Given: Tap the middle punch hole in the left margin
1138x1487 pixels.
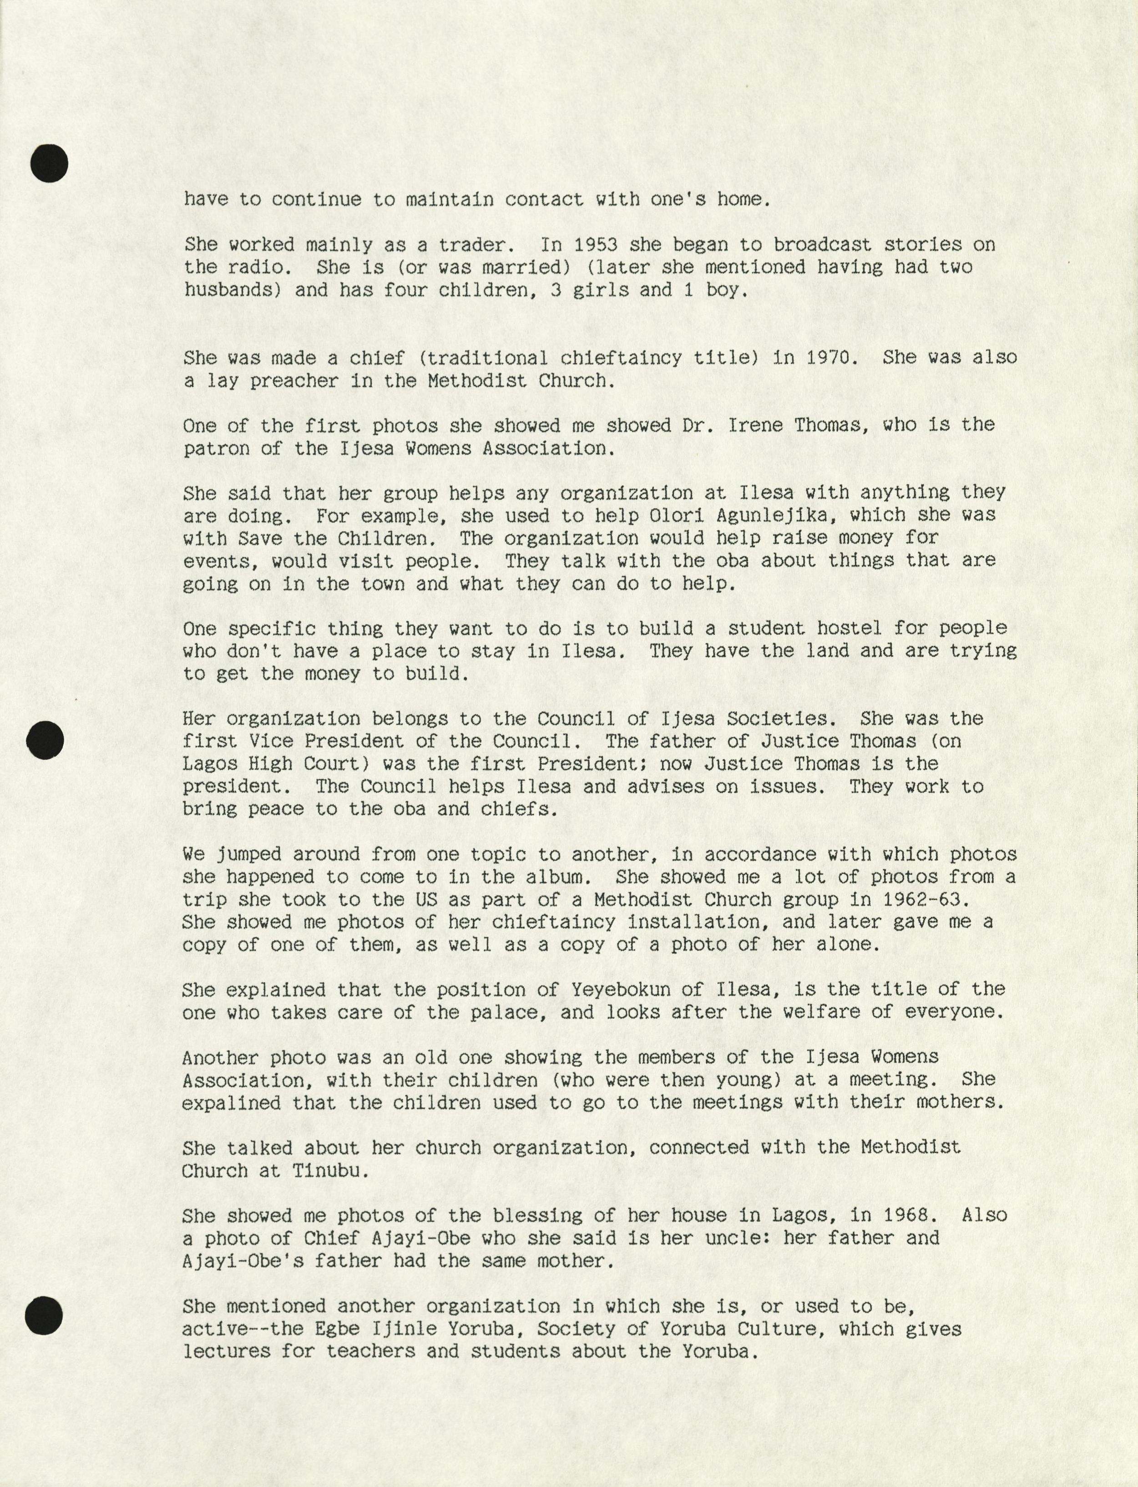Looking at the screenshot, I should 46,741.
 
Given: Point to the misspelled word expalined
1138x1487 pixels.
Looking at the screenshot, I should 231,1103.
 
